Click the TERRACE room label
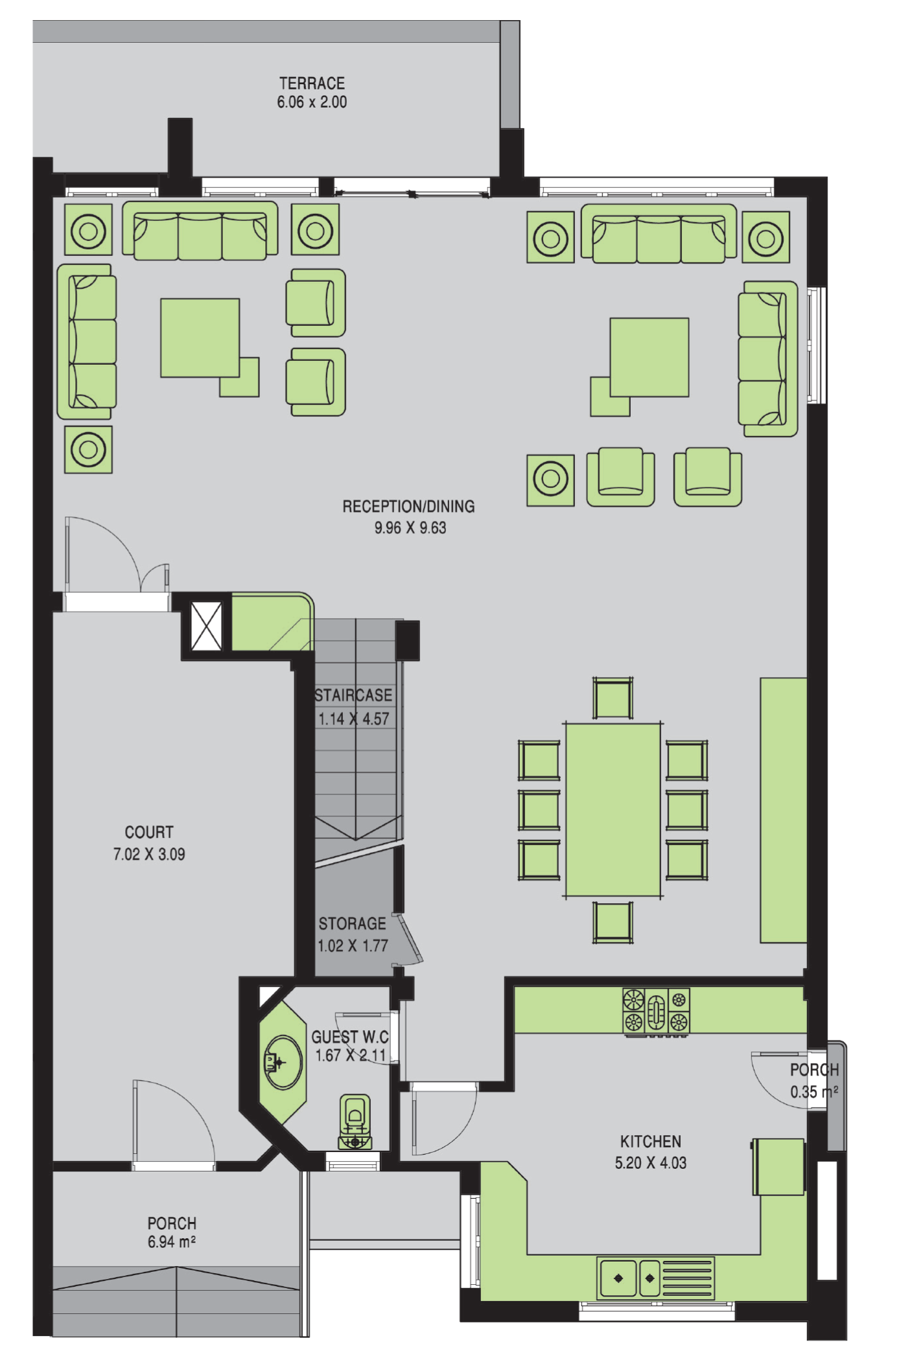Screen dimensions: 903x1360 coord(312,83)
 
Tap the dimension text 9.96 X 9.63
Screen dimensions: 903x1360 coord(410,528)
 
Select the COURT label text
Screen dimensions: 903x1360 coord(149,832)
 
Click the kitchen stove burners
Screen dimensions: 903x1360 coord(656,1011)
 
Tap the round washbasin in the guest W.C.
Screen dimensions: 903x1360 coord(283,1063)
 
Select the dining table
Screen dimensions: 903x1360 coord(613,810)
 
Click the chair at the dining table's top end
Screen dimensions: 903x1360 coord(613,698)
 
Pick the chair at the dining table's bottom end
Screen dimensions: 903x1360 coord(613,922)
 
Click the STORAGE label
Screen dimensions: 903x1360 coord(352,923)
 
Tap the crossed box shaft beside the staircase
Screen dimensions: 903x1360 coord(207,626)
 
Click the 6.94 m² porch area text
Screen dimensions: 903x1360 coord(172,1241)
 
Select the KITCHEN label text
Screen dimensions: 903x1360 coord(651,1142)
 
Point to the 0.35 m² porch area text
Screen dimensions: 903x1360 coord(814,1092)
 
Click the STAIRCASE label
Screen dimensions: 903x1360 coord(353,695)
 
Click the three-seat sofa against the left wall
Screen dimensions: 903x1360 coord(87,342)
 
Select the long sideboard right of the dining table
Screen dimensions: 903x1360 coord(783,810)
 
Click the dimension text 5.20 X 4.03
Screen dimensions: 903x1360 coord(651,1163)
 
